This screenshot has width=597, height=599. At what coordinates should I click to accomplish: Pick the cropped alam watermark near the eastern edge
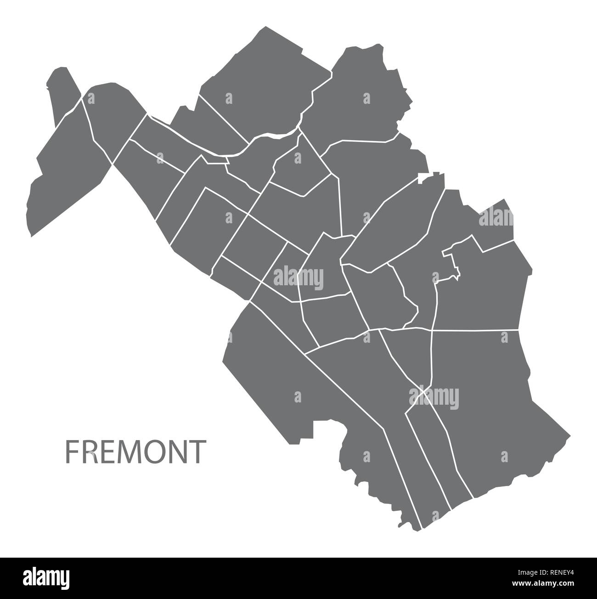point(496,217)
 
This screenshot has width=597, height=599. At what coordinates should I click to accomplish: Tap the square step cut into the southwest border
point(321,427)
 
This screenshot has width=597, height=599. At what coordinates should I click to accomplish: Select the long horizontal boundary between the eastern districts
point(475,330)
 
